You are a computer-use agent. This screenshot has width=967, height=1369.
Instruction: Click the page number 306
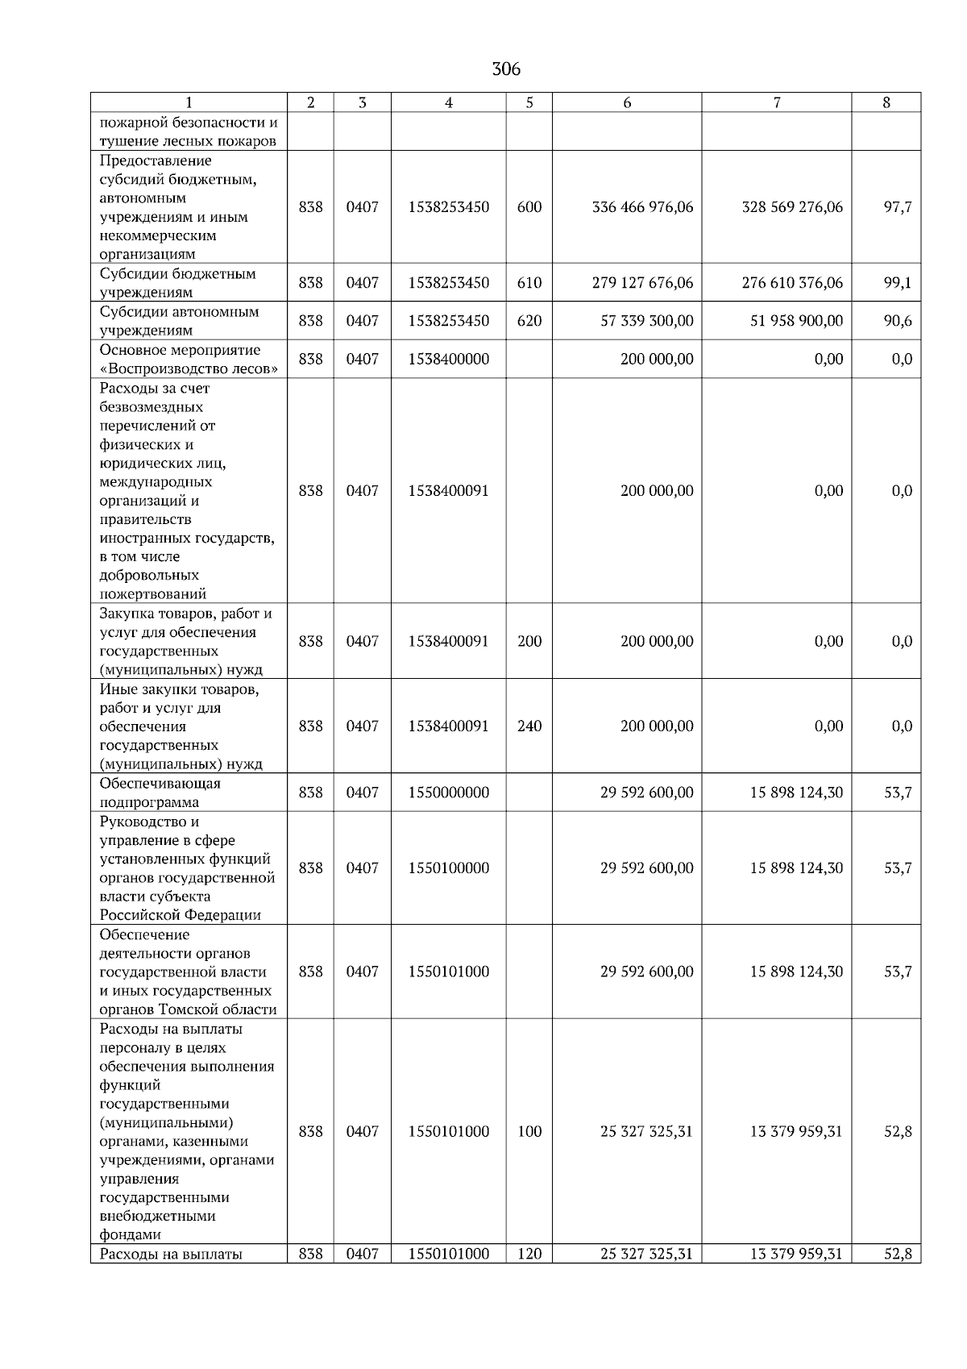[506, 69]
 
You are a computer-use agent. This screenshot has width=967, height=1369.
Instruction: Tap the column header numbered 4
[448, 102]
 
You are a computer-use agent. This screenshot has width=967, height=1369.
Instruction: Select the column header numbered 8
[886, 102]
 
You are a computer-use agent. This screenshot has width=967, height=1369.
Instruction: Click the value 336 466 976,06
[642, 207]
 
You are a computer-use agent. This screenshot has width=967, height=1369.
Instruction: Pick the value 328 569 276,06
[792, 207]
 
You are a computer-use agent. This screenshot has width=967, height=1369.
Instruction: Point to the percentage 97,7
[898, 207]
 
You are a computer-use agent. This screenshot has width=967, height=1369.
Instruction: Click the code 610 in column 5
[529, 283]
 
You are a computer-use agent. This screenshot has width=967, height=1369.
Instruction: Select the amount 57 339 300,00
[647, 321]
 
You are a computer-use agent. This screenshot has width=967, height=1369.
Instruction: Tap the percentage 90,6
[898, 321]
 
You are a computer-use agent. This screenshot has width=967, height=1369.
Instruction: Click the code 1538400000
[449, 359]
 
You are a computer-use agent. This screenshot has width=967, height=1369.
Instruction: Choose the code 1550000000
[449, 793]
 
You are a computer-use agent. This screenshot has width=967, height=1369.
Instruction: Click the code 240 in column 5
[529, 726]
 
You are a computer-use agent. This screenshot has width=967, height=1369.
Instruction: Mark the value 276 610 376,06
[792, 283]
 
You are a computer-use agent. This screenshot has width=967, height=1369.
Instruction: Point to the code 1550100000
[449, 868]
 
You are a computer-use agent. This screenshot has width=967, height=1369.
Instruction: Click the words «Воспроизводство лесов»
[190, 369]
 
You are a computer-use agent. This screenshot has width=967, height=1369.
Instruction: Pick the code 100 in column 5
[529, 1131]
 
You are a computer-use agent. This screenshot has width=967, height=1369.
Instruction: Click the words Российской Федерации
[181, 915]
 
